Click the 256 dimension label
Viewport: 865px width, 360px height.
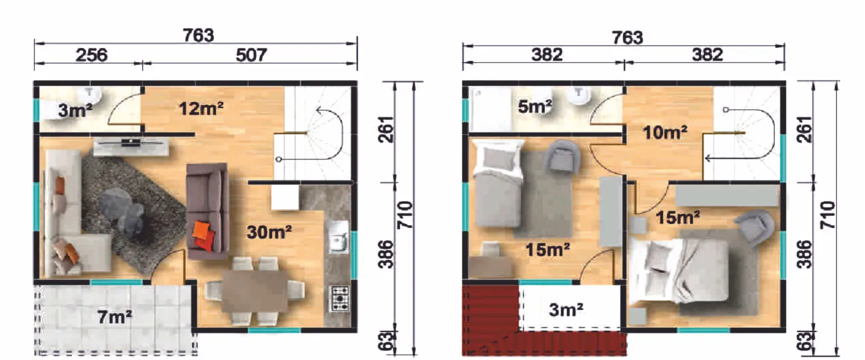[x=91, y=55]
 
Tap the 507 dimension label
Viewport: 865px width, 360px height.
[x=251, y=55]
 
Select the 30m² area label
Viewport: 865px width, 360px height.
[x=269, y=232]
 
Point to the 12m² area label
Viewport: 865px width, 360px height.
[x=201, y=109]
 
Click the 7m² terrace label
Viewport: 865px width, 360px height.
[x=115, y=317]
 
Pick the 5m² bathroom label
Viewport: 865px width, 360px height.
[x=535, y=107]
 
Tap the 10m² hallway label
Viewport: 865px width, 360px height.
[x=665, y=133]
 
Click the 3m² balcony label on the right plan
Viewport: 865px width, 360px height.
[x=566, y=310]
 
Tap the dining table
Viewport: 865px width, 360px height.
[x=255, y=291]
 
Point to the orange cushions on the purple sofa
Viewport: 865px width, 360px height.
[x=203, y=235]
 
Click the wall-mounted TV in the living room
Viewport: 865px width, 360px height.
[x=131, y=143]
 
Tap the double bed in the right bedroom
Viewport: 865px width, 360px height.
[x=680, y=270]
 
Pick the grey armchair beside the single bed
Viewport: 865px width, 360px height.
[x=562, y=156]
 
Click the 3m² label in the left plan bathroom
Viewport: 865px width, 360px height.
[x=75, y=111]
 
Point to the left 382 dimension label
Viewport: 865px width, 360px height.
[x=547, y=55]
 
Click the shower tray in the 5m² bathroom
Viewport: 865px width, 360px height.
[x=491, y=109]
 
